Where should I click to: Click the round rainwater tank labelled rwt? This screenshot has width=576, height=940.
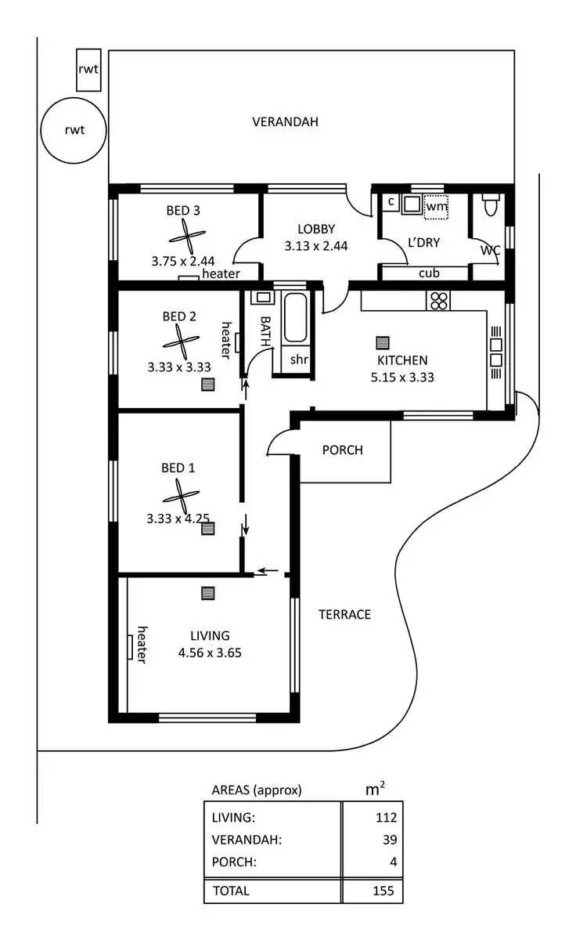click(73, 130)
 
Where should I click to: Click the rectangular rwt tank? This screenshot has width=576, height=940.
click(88, 69)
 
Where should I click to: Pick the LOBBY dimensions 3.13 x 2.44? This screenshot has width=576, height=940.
click(316, 245)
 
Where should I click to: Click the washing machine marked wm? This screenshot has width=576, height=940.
click(436, 205)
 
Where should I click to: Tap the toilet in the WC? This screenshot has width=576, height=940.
click(491, 204)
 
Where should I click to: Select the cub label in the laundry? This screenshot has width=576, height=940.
click(428, 273)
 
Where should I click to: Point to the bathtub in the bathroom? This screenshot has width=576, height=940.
click(295, 319)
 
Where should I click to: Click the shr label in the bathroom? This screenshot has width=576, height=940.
click(298, 360)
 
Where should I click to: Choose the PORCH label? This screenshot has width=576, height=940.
click(343, 450)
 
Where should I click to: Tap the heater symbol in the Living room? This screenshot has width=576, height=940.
click(131, 646)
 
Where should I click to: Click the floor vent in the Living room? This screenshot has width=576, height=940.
click(207, 593)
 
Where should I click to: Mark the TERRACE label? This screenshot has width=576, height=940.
click(344, 614)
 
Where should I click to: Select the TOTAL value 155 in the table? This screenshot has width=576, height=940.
click(383, 890)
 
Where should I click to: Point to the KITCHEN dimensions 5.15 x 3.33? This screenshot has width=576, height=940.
click(402, 376)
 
